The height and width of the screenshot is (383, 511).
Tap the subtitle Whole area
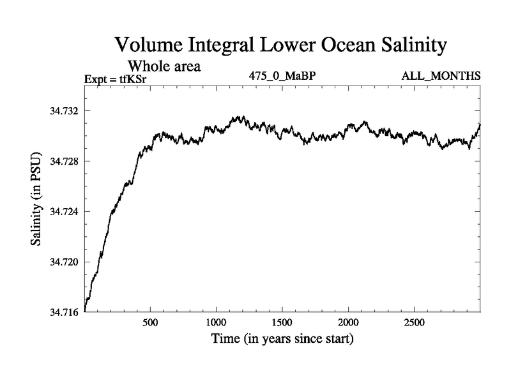[x=165, y=66]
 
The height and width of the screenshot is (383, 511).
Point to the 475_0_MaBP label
[x=282, y=76]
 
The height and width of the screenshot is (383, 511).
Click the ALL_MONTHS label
[x=441, y=76]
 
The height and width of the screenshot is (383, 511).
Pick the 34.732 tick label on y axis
[x=65, y=111]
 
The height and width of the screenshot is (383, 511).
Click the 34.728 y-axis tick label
[x=65, y=161]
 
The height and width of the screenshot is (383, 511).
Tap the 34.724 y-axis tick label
[x=65, y=212]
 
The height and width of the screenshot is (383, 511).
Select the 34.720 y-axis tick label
[x=65, y=262]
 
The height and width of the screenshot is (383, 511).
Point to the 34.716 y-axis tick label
[x=65, y=312]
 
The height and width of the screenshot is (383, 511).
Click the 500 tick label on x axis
[x=150, y=322]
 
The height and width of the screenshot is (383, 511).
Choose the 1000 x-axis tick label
[x=216, y=322]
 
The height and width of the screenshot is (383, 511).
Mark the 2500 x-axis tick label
[x=414, y=322]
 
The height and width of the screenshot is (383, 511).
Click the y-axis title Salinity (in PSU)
[x=37, y=199]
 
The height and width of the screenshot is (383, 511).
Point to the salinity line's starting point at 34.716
[x=85, y=310]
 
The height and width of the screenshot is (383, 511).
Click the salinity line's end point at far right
[x=479, y=124]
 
